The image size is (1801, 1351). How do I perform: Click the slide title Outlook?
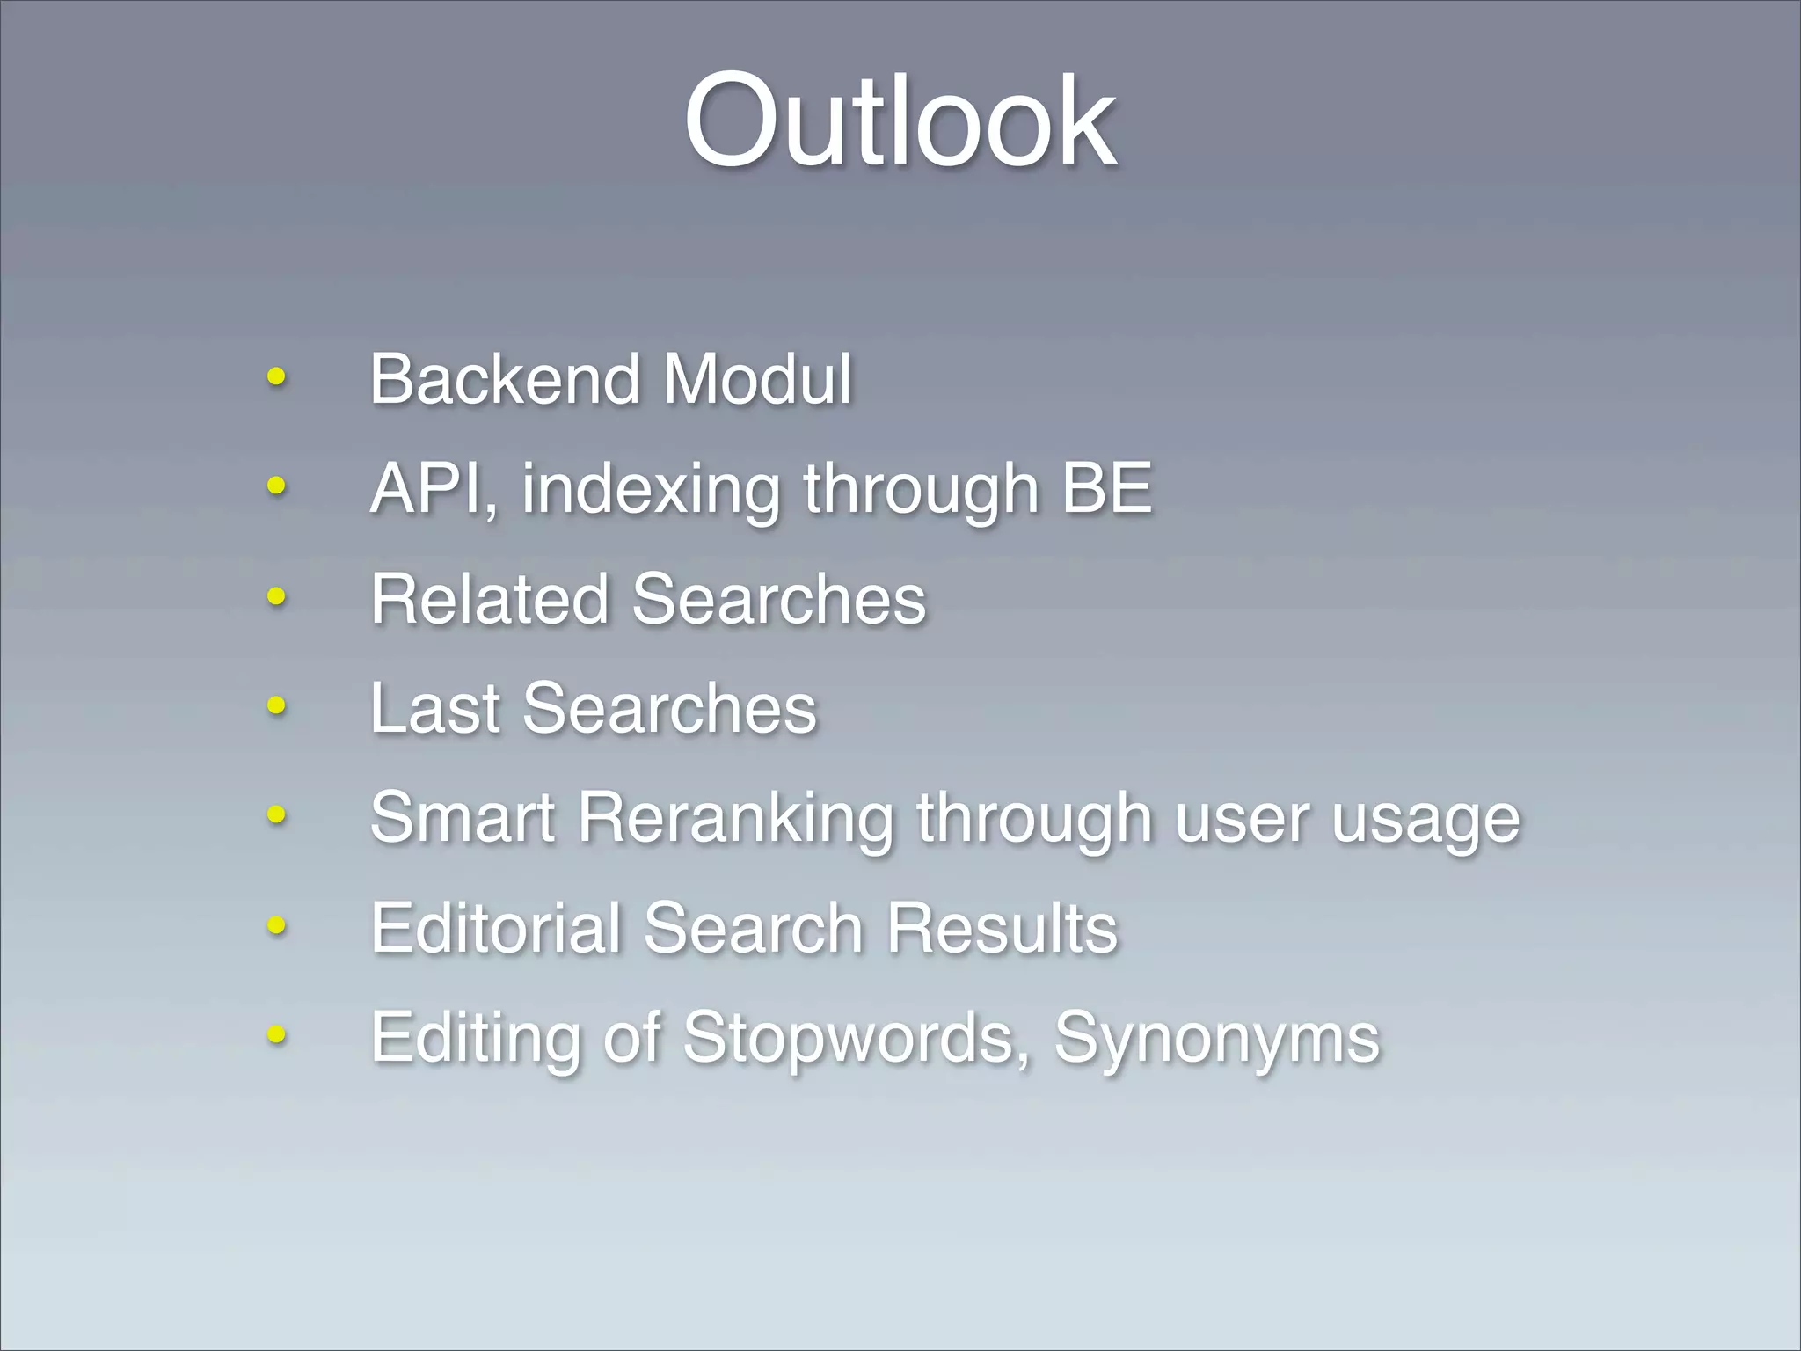coord(900,120)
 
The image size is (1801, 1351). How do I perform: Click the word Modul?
coord(757,379)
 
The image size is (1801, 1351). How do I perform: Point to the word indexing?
coord(651,491)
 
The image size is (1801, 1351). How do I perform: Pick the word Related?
coord(490,599)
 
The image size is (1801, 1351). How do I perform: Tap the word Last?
coord(434,708)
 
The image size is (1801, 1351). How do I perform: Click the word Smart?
coord(463,818)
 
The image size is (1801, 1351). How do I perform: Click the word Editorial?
coord(496,928)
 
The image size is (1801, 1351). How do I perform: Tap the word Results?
coord(1002,928)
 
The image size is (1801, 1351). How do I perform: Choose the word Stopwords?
coord(849,1038)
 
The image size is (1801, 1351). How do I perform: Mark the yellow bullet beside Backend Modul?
coord(276,377)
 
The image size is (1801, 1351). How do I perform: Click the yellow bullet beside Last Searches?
coord(276,705)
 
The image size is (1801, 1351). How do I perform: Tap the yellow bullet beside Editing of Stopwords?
coord(276,1034)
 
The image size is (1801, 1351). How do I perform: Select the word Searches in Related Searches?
coord(779,599)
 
